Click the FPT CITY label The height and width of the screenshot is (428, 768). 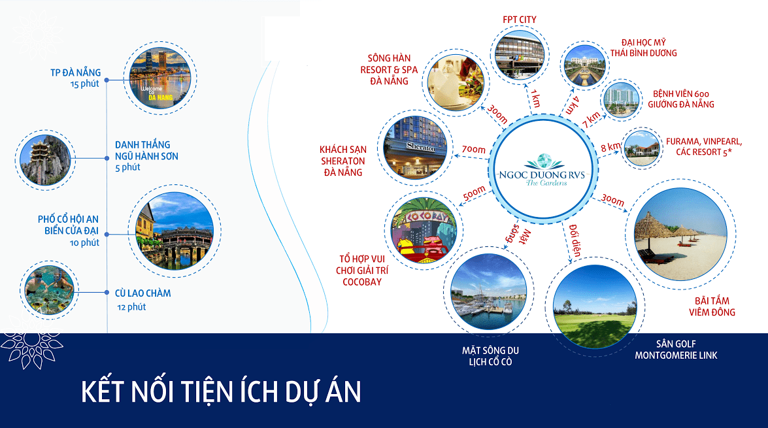click(519, 20)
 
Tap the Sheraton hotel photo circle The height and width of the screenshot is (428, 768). click(416, 147)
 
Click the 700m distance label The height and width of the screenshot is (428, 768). click(474, 150)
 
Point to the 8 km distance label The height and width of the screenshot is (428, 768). click(610, 146)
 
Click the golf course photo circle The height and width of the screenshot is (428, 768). click(595, 306)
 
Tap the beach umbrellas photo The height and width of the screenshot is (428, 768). click(681, 234)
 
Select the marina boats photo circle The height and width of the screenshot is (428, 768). click(488, 292)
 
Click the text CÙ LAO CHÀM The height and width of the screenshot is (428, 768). click(143, 293)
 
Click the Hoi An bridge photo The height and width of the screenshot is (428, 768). click(175, 231)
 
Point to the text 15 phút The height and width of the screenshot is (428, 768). click(85, 84)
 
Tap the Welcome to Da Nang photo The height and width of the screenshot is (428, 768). click(159, 78)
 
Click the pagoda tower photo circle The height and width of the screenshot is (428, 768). click(45, 160)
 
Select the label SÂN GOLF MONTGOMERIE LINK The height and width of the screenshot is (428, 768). click(676, 350)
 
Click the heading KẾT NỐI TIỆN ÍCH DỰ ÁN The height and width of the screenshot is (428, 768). click(221, 391)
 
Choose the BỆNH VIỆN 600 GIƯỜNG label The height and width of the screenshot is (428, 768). click(681, 99)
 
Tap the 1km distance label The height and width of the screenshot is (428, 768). click(535, 99)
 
